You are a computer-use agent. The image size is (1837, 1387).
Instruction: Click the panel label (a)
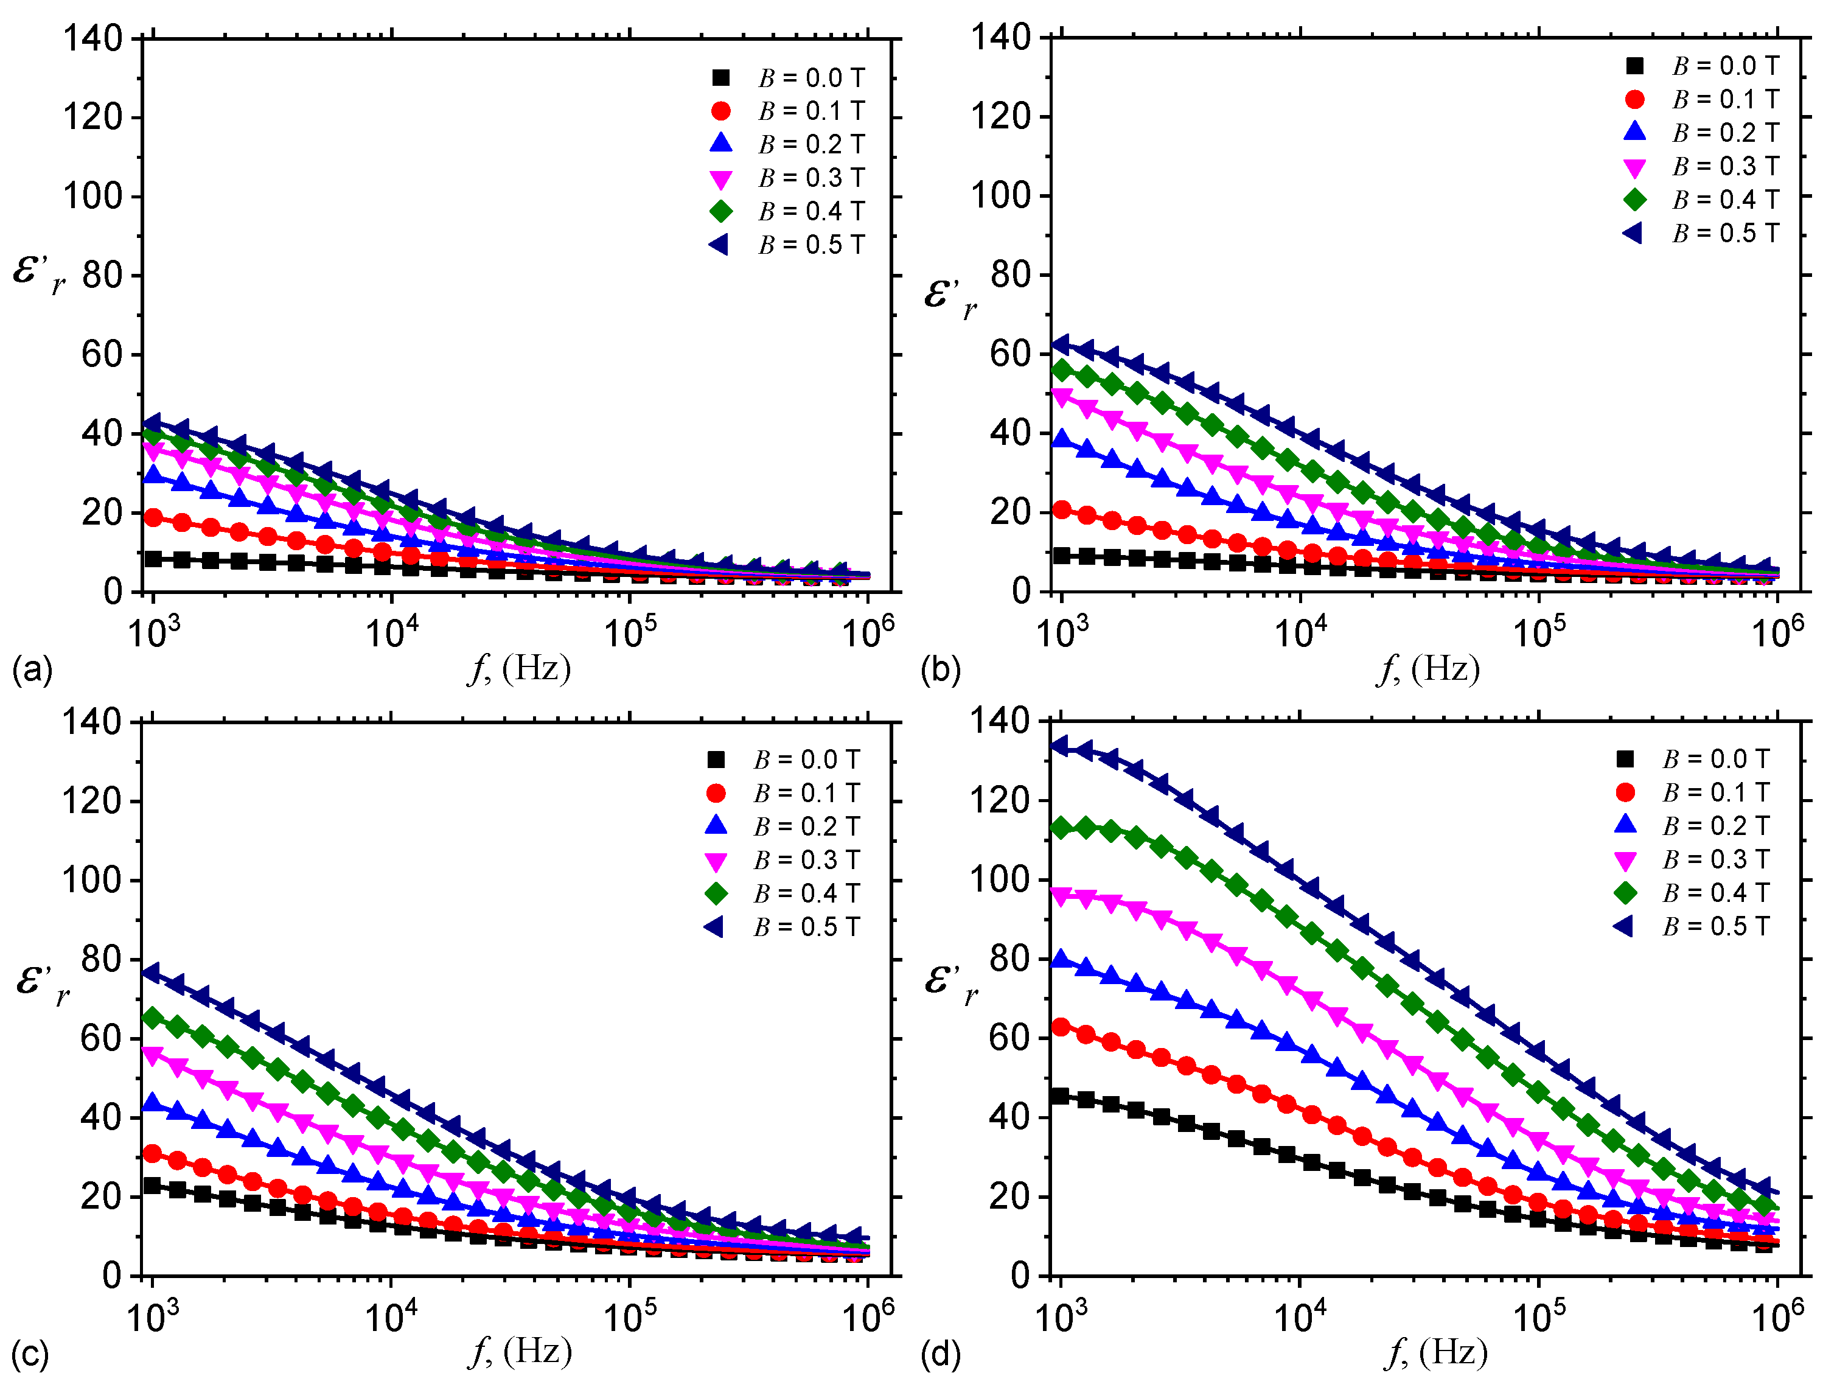pyautogui.click(x=32, y=669)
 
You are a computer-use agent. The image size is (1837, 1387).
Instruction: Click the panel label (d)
pyautogui.click(x=940, y=1355)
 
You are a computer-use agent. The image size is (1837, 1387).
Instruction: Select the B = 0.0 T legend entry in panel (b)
pyautogui.click(x=1702, y=66)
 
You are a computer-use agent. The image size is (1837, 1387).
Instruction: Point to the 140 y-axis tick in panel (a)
pyautogui.click(x=93, y=39)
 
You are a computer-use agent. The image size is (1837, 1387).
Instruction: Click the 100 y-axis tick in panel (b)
pyautogui.click(x=1002, y=196)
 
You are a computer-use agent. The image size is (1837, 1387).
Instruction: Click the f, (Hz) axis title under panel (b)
pyautogui.click(x=1429, y=669)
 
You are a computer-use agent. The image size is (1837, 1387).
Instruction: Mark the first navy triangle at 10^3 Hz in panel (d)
pyautogui.click(x=1060, y=746)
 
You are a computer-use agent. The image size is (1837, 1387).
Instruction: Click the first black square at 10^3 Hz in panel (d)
pyautogui.click(x=1061, y=1095)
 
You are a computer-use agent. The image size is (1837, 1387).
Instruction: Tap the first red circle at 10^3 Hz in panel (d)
pyautogui.click(x=1061, y=1027)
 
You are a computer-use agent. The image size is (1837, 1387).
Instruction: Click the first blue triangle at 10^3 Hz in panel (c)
pyautogui.click(x=152, y=1102)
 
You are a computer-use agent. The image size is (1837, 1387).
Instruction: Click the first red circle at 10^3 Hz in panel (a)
pyautogui.click(x=153, y=517)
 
